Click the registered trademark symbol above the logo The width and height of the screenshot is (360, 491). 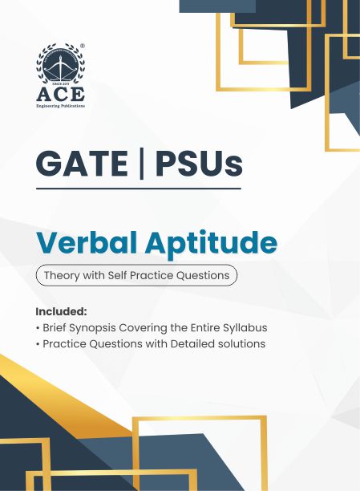83,46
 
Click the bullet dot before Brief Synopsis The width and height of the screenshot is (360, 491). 38,327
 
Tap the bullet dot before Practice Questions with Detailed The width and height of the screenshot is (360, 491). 38,344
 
